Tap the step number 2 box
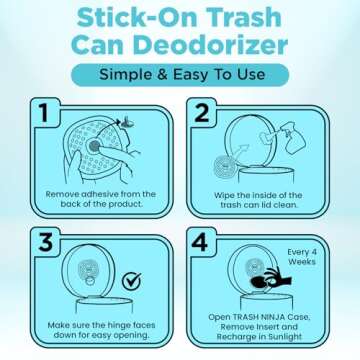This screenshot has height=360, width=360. [202, 113]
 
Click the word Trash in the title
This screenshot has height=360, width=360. [247, 16]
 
